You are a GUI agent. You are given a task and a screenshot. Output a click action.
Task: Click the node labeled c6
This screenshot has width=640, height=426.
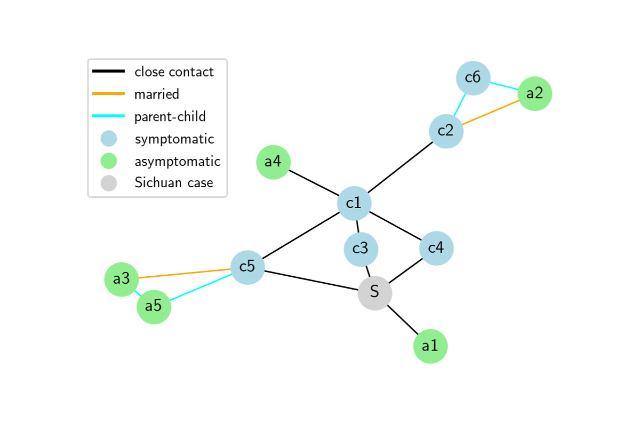coord(472,78)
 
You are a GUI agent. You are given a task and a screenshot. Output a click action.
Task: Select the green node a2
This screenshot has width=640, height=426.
coord(534,93)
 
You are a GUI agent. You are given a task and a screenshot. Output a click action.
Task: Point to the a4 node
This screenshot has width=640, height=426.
coord(273,162)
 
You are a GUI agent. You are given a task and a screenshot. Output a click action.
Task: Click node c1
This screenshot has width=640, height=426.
coord(354,203)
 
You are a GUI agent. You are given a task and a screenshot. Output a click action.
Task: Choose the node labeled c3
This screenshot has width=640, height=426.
coord(360,248)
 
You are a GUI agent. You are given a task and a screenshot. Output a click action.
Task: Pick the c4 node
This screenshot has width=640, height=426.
coord(436,248)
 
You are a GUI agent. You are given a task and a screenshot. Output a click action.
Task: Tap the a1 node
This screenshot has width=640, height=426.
coord(430,346)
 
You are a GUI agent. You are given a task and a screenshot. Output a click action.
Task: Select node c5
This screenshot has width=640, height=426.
coord(247,267)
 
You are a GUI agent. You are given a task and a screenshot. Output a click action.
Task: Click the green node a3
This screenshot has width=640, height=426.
coord(121,279)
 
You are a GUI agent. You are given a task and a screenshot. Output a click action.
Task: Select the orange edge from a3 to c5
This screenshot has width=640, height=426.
coord(184,273)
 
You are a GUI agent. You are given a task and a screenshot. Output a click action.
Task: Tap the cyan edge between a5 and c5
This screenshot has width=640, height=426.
coord(200,287)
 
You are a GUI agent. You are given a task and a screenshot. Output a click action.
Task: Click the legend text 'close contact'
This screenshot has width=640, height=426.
coord(174,72)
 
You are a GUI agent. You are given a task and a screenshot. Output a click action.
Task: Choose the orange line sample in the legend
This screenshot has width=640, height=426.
coord(108,93)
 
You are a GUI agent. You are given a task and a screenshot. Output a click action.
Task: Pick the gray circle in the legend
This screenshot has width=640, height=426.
coord(108,183)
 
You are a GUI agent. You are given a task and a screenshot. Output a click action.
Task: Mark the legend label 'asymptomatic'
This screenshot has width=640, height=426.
coord(177,161)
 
